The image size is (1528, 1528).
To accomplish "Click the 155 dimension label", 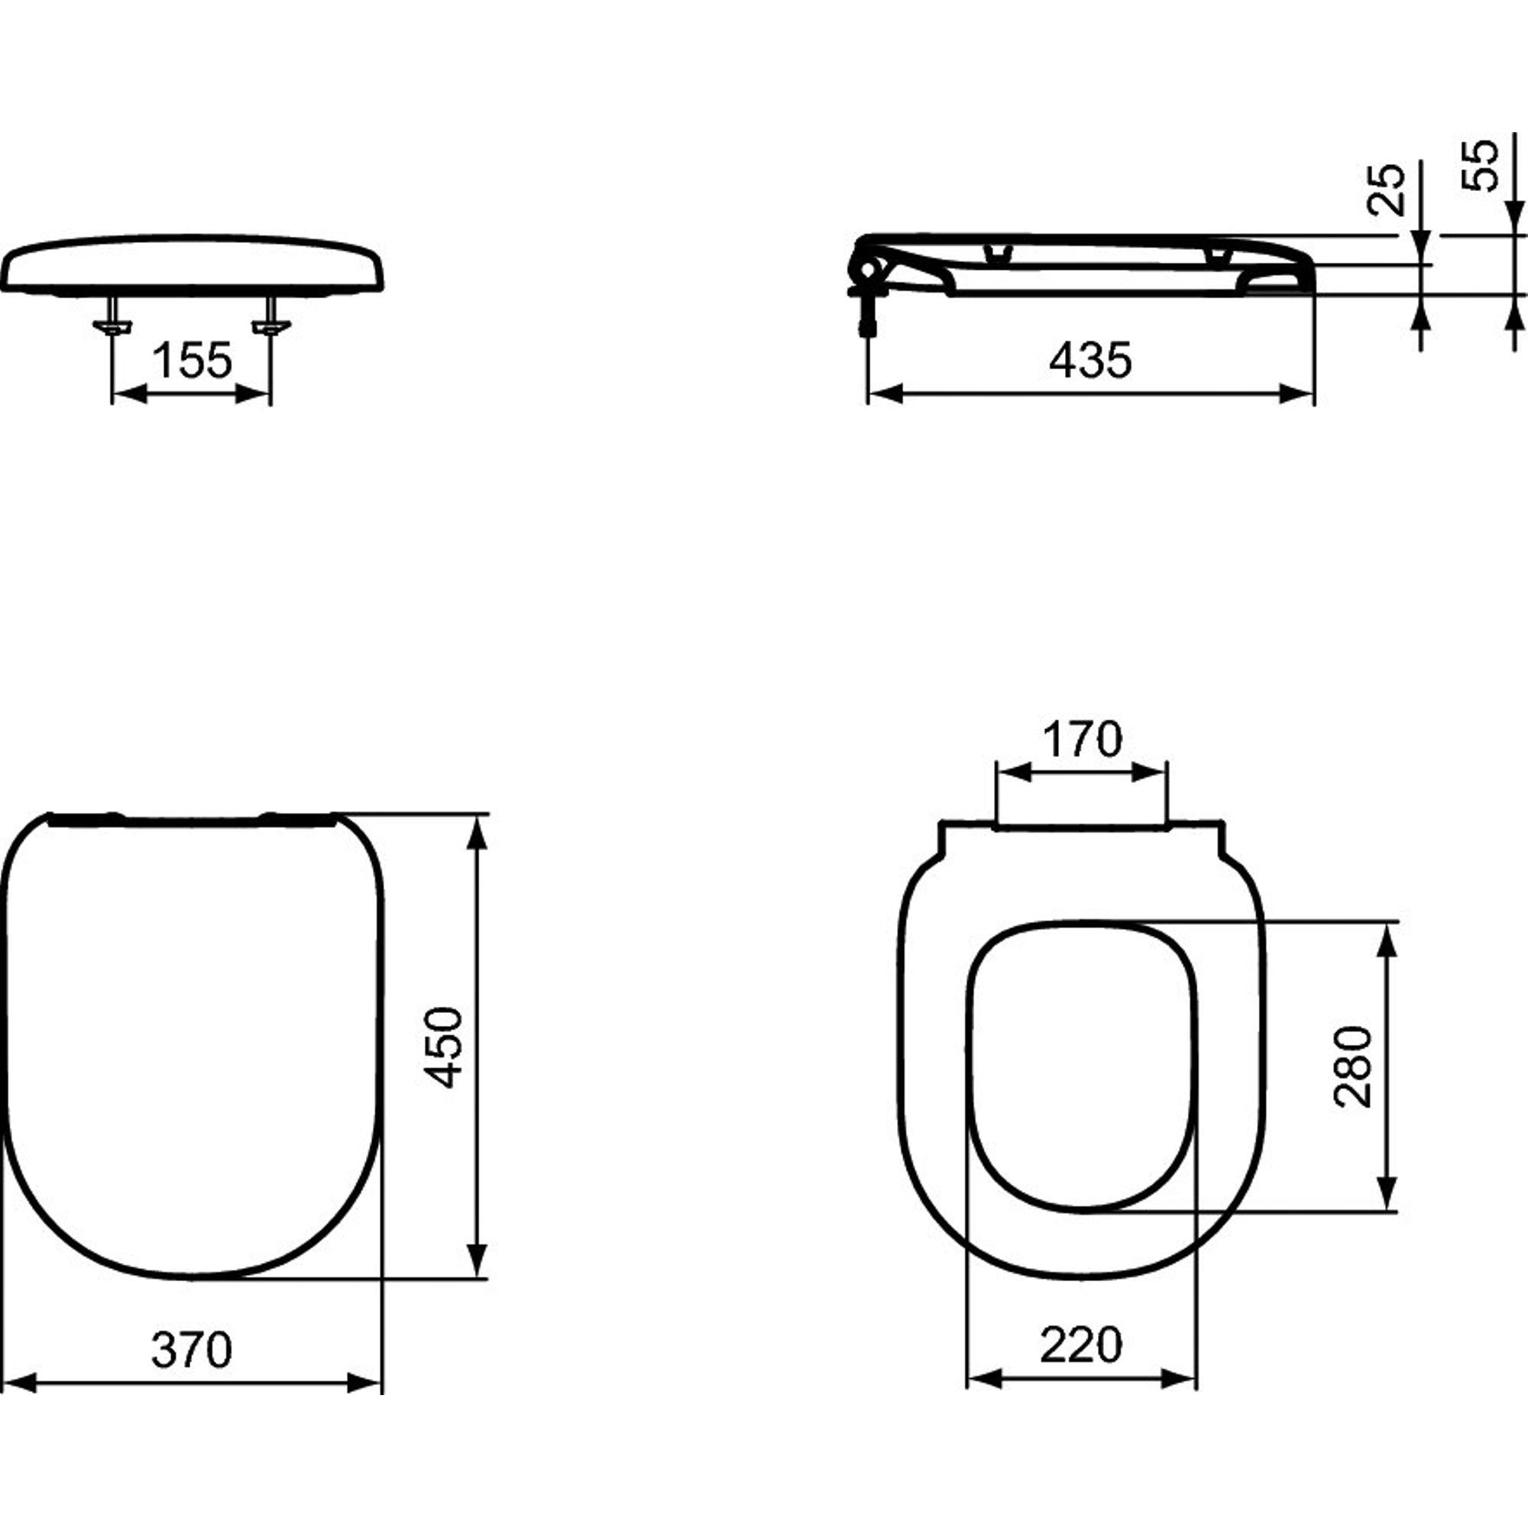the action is pos(193,361).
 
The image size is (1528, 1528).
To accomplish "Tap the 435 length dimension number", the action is pos(1091,361).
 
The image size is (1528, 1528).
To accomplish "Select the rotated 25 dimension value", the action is pos(1385,189).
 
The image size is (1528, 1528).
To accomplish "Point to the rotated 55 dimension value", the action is pos(1480,165).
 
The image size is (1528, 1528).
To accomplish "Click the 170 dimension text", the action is pos(1082,740).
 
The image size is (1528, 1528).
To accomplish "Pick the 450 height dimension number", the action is pos(443,1047).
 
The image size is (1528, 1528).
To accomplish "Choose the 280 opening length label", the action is pos(1353,1067).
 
